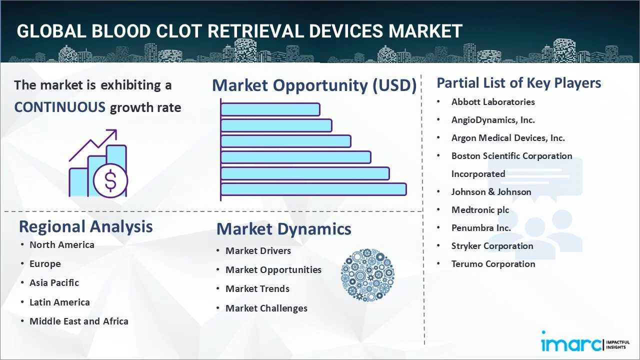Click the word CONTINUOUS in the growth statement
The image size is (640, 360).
click(x=59, y=107)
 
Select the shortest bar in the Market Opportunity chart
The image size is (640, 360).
click(x=270, y=109)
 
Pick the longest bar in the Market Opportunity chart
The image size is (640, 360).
click(x=313, y=189)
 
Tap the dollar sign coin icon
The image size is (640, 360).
click(x=110, y=181)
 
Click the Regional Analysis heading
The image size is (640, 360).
click(x=85, y=226)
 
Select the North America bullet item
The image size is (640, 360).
click(x=61, y=244)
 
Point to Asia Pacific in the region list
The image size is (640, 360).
click(x=54, y=282)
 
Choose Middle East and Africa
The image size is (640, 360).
click(x=78, y=321)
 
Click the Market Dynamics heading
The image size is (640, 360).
click(x=283, y=229)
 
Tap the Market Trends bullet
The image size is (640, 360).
click(x=257, y=288)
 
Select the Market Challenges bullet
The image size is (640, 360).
click(x=266, y=308)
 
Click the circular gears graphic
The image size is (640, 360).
click(x=367, y=275)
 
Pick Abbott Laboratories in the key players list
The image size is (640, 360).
click(x=492, y=101)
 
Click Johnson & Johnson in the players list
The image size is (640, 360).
click(x=491, y=191)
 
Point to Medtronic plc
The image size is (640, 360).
click(x=480, y=209)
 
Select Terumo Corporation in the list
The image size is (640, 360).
click(x=493, y=263)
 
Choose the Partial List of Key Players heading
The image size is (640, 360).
click(x=518, y=82)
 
